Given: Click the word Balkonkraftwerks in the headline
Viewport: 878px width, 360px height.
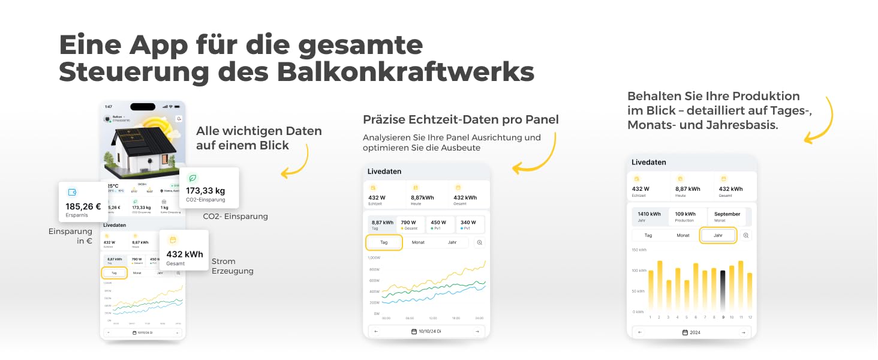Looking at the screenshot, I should (405, 72).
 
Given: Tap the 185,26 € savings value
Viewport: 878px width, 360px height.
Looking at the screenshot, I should (84, 206).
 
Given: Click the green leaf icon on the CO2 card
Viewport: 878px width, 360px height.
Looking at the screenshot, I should (193, 178).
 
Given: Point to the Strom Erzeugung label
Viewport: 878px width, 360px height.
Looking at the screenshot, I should (232, 266).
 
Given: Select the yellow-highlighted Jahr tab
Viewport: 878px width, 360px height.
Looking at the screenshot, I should (718, 235).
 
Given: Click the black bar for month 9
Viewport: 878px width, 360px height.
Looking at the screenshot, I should (723, 290).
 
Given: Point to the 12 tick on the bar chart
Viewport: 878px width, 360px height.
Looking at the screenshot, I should (750, 317).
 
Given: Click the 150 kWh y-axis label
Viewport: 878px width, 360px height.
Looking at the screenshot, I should (639, 250).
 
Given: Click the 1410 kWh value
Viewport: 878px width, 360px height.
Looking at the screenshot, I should (649, 214).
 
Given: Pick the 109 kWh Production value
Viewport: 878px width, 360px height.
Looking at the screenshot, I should (685, 214).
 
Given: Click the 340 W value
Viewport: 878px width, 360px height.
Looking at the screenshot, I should (468, 223).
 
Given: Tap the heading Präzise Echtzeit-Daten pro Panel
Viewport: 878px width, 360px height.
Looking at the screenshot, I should (461, 119).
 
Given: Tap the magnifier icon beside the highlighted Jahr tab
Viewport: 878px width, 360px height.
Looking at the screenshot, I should (746, 235).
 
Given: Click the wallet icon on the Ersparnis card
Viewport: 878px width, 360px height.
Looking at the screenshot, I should (73, 192).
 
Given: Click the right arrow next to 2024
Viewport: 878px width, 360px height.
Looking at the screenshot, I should (743, 332).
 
